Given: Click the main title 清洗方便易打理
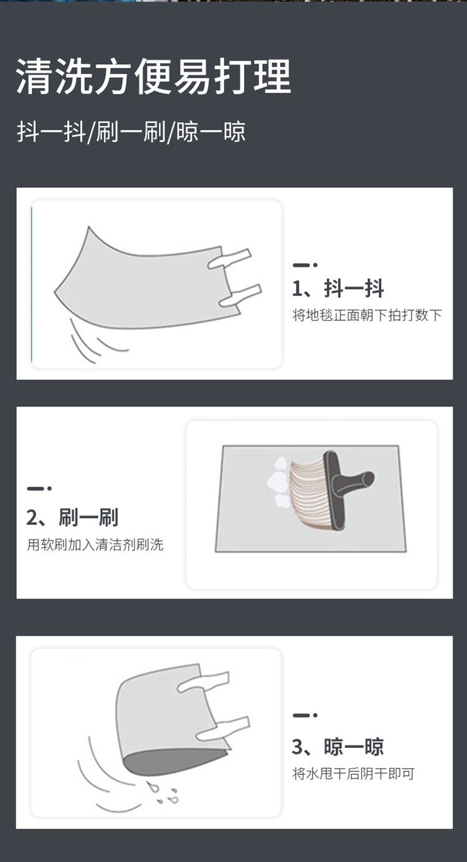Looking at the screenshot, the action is [x=153, y=76].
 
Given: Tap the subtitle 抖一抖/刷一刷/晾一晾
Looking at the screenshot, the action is [x=131, y=132].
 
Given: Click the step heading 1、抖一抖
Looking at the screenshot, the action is [x=338, y=289].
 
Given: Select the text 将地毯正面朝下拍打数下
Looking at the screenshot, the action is [x=367, y=315].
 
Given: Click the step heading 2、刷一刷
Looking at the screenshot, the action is [x=72, y=517].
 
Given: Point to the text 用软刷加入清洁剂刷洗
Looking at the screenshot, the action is [x=95, y=545].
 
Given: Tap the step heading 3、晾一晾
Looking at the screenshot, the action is [x=338, y=747].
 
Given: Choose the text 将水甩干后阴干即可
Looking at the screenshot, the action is [x=354, y=773].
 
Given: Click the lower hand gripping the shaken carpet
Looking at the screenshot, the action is [x=240, y=295].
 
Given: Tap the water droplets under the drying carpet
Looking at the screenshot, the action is [x=163, y=793].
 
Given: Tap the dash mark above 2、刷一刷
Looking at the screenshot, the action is [x=39, y=488].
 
